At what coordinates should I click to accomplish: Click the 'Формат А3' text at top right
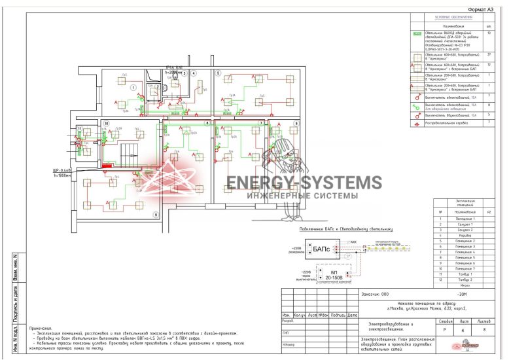tap(482, 10)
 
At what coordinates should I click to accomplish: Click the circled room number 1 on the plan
tap(133, 87)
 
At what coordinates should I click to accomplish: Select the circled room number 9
tap(156, 215)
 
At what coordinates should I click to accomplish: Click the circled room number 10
tap(105, 123)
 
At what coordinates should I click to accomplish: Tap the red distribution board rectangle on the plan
tap(109, 166)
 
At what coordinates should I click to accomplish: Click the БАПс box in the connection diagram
tap(320, 249)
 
